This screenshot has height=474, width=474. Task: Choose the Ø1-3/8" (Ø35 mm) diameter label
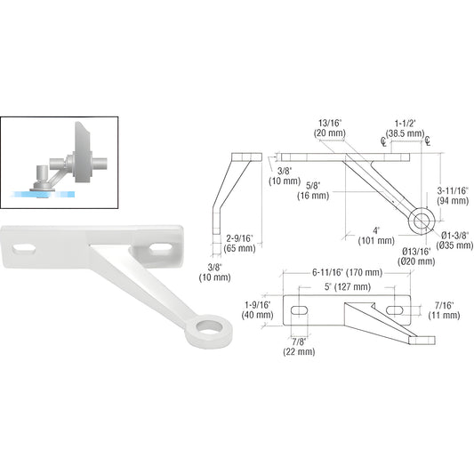(x=455, y=239)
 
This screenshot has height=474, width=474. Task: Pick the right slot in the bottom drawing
(x=394, y=310)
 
